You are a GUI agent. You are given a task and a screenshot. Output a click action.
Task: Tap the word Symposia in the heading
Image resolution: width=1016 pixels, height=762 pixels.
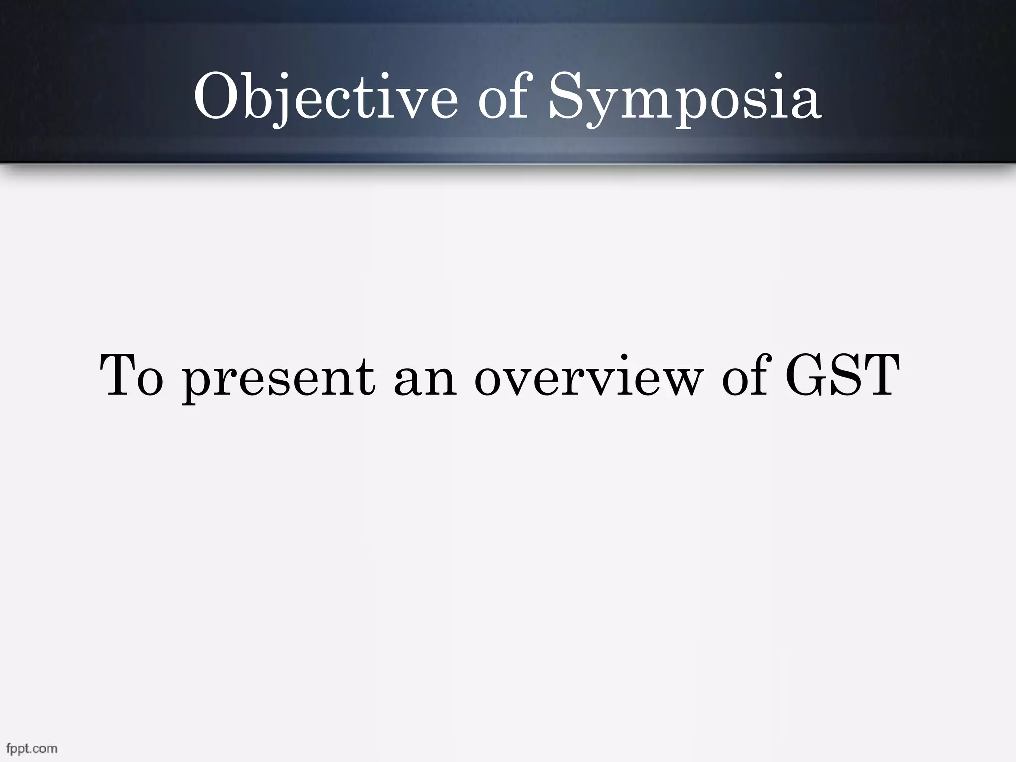(x=684, y=98)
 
